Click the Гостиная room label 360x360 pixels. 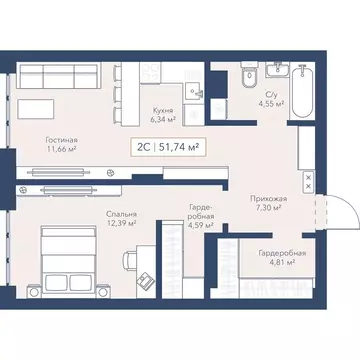[x=61, y=141]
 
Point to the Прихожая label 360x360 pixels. [x=267, y=198]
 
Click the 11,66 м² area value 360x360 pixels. [x=61, y=151]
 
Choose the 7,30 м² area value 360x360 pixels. [x=267, y=208]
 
